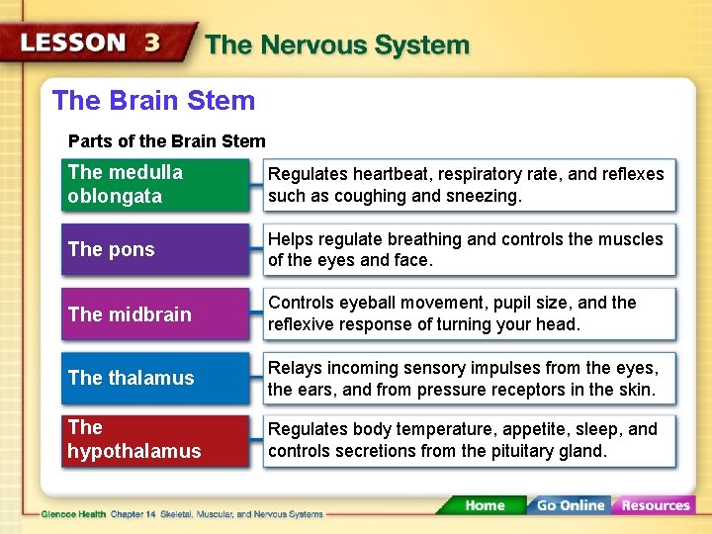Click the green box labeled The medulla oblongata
(154, 185)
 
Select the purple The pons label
(154, 249)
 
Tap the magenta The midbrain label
(154, 314)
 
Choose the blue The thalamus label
(154, 378)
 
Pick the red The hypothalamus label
(154, 440)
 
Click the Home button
(485, 505)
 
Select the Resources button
(655, 505)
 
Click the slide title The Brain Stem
(153, 101)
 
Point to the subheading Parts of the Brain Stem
(166, 141)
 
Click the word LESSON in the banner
(74, 44)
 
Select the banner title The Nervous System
(336, 45)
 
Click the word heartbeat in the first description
(381, 174)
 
